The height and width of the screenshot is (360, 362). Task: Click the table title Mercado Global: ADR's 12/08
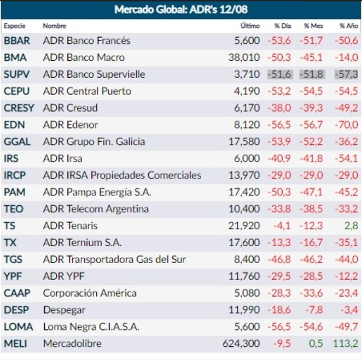tap(180, 9)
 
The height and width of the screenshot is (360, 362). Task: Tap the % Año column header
tap(348, 26)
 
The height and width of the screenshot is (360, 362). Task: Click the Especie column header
tap(15, 26)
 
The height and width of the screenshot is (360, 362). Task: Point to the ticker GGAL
tap(17, 142)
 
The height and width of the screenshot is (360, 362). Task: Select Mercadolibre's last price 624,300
tap(241, 344)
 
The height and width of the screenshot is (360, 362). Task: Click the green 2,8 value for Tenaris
tap(351, 225)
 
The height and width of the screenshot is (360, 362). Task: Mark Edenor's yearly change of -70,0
tap(346, 125)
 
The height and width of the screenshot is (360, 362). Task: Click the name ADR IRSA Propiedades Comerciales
tap(122, 175)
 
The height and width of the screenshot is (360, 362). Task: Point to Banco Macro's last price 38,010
tap(245, 57)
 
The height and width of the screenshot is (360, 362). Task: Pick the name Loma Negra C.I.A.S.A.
tap(91, 327)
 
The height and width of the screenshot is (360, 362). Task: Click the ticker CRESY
tap(19, 108)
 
